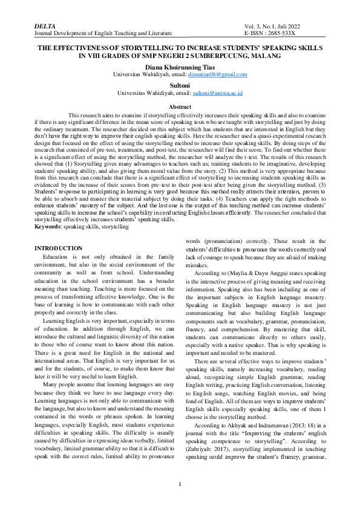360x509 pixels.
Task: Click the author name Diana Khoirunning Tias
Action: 180,67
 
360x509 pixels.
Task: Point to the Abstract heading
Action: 180,107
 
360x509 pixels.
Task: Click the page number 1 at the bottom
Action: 180,484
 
